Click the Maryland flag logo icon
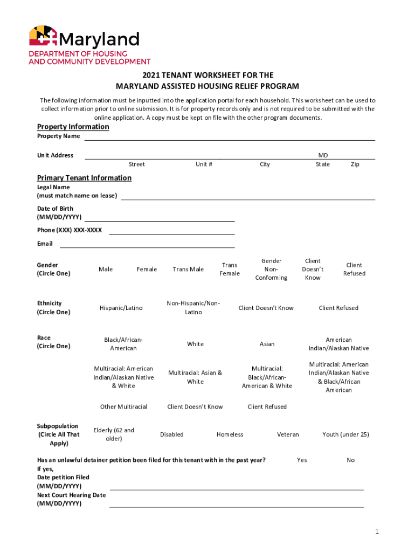pyautogui.click(x=43, y=37)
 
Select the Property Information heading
pyautogui.click(x=73, y=127)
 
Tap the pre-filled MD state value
pyautogui.click(x=323, y=155)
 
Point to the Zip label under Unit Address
pyautogui.click(x=355, y=164)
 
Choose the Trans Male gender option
pyautogui.click(x=188, y=270)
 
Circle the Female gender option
pyautogui.click(x=147, y=270)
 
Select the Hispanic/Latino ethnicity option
pyautogui.click(x=121, y=308)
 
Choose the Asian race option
pyautogui.click(x=267, y=344)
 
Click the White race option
pyautogui.click(x=195, y=344)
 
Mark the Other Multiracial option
pyautogui.click(x=123, y=407)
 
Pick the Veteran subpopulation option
pyautogui.click(x=288, y=434)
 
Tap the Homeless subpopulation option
pyautogui.click(x=230, y=434)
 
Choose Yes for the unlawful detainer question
pyautogui.click(x=302, y=460)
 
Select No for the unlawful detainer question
pyautogui.click(x=351, y=460)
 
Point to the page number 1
pyautogui.click(x=377, y=532)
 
